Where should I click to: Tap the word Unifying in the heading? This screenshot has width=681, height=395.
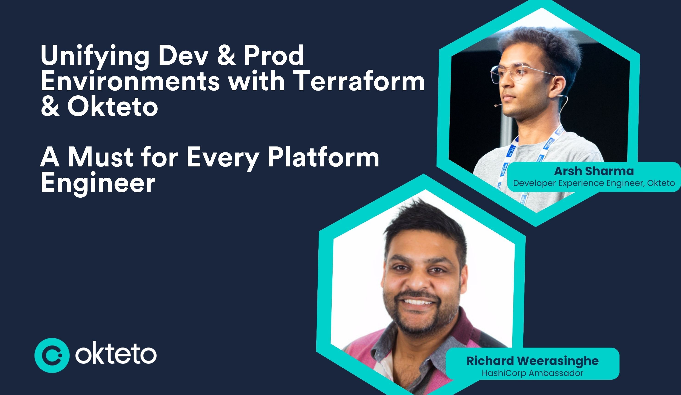[x=95, y=56]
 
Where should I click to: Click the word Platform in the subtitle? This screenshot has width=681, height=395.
[x=323, y=157]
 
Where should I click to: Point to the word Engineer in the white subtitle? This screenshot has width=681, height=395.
[x=98, y=183]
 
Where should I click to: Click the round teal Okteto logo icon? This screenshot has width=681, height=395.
[x=52, y=355]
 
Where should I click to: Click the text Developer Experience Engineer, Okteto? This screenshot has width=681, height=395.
[x=594, y=183]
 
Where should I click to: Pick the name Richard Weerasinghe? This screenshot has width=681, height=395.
[x=532, y=361]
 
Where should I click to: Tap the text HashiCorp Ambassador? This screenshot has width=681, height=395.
[x=532, y=373]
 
